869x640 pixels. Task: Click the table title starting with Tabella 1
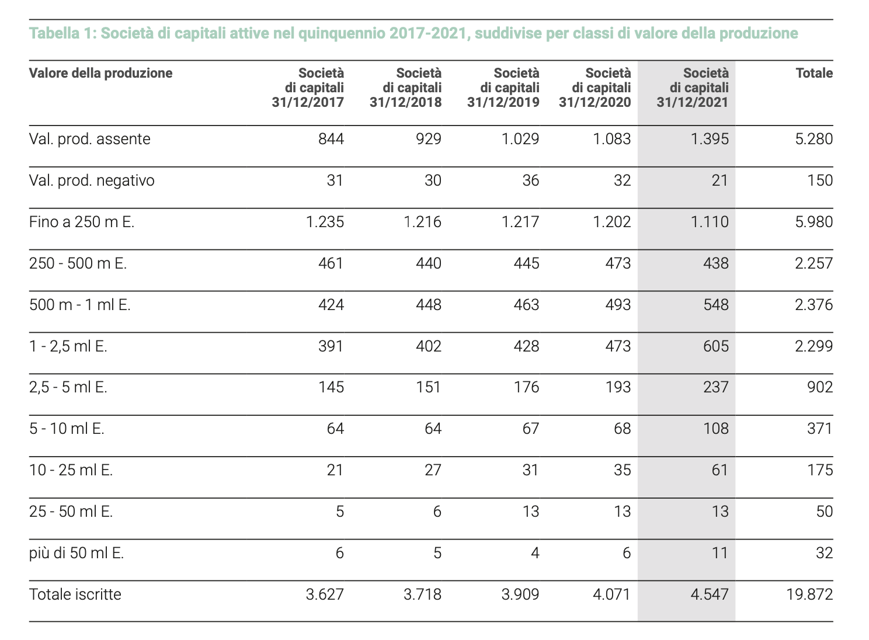pyautogui.click(x=413, y=34)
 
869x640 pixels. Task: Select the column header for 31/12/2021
pyautogui.click(x=693, y=88)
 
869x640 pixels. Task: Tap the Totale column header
pyautogui.click(x=814, y=73)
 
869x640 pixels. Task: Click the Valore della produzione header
pyautogui.click(x=101, y=73)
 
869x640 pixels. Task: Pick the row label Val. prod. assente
pyautogui.click(x=89, y=139)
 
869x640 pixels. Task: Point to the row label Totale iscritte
pyautogui.click(x=75, y=594)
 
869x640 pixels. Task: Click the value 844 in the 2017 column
pyautogui.click(x=331, y=139)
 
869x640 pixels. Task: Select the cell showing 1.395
pyautogui.click(x=710, y=139)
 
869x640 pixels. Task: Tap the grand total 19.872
pyautogui.click(x=809, y=594)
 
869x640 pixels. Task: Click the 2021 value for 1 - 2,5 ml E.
pyautogui.click(x=716, y=346)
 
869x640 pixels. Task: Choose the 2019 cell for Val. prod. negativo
pyautogui.click(x=531, y=180)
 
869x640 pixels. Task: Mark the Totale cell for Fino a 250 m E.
pyautogui.click(x=814, y=222)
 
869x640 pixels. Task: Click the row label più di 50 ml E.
pyautogui.click(x=77, y=553)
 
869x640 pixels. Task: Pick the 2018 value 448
pyautogui.click(x=429, y=304)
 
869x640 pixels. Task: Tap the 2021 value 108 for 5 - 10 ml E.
pyautogui.click(x=716, y=429)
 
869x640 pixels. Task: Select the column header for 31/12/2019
pyautogui.click(x=503, y=88)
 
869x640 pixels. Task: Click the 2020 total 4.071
pyautogui.click(x=612, y=594)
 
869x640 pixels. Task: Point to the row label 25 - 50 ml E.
pyautogui.click(x=71, y=511)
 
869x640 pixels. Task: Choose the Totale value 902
pyautogui.click(x=820, y=387)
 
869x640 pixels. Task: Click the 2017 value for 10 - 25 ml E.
pyautogui.click(x=335, y=470)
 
